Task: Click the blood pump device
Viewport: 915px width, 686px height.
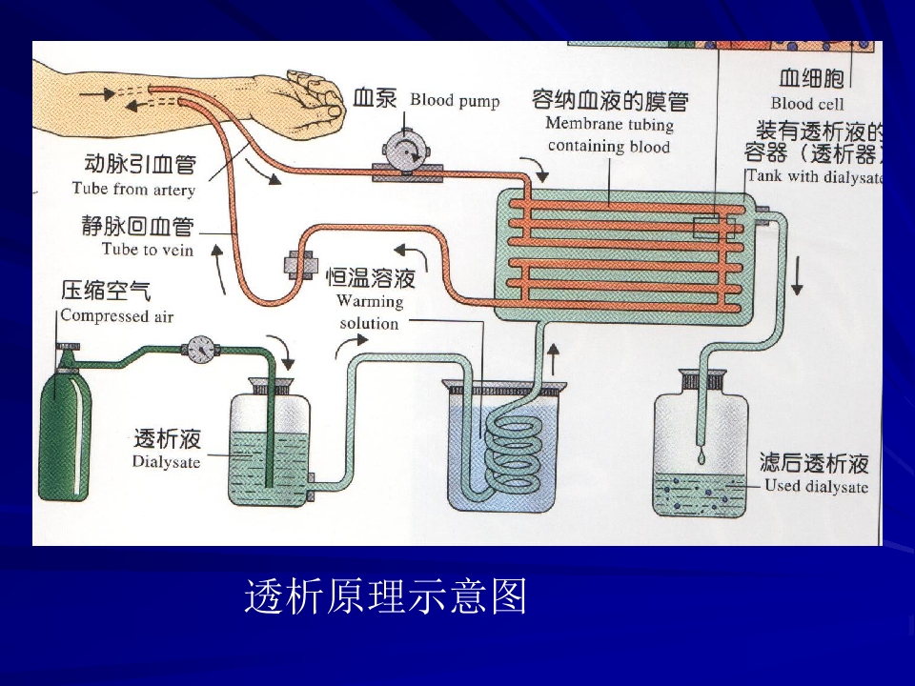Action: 407,151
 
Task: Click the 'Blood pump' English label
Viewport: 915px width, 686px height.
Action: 455,101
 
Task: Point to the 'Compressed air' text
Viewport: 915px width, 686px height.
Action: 117,315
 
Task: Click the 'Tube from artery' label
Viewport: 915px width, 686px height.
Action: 133,190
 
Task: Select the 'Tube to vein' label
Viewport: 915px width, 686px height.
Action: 148,250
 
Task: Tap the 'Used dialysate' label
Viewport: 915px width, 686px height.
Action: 817,487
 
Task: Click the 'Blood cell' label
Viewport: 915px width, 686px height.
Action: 807,103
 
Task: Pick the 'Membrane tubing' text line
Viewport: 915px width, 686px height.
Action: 610,124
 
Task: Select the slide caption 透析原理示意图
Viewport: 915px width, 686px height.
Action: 386,597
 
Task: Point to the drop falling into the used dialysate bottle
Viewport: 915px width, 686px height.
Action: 701,458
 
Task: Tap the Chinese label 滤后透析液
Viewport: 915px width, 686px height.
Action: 814,464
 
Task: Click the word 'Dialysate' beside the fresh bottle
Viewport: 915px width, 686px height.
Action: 167,462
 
